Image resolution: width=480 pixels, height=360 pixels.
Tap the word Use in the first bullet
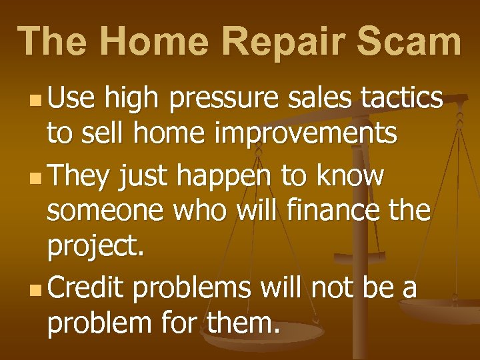point(71,98)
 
